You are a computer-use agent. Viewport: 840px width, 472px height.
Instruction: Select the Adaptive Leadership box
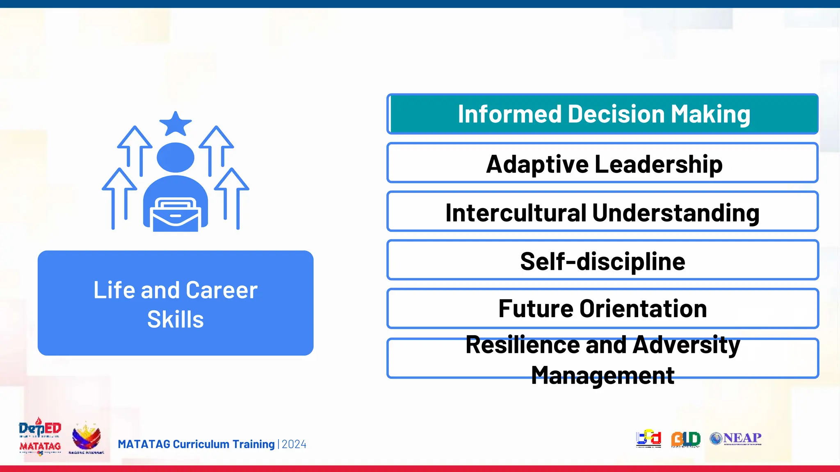pyautogui.click(x=602, y=163)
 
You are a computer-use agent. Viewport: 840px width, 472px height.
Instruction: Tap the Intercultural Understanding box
pyautogui.click(x=602, y=212)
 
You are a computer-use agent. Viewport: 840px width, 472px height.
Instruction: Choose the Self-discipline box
pyautogui.click(x=602, y=261)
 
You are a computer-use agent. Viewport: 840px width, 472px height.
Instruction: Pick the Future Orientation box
pyautogui.click(x=602, y=309)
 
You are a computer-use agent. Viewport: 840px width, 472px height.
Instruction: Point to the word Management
pyautogui.click(x=602, y=375)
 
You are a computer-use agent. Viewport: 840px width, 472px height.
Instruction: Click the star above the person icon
pyautogui.click(x=176, y=123)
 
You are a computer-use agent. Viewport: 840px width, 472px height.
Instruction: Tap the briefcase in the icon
pyautogui.click(x=176, y=215)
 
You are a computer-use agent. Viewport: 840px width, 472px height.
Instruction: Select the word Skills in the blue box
pyautogui.click(x=176, y=320)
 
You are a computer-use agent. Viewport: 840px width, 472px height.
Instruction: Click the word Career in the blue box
pyautogui.click(x=221, y=290)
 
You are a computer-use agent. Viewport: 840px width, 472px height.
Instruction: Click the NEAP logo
pyautogui.click(x=736, y=438)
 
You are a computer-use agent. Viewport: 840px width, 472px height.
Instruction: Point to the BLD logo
pyautogui.click(x=685, y=439)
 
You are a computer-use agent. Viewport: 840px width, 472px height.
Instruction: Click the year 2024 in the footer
pyautogui.click(x=294, y=445)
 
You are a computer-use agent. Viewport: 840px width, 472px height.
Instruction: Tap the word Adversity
pyautogui.click(x=686, y=345)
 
